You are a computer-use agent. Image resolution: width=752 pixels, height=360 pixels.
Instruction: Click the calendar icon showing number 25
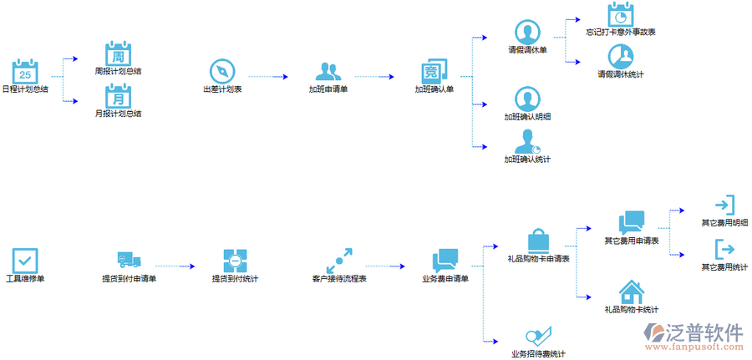pyautogui.click(x=25, y=70)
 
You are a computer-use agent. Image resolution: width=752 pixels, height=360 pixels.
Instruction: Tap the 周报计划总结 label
pyautogui.click(x=118, y=71)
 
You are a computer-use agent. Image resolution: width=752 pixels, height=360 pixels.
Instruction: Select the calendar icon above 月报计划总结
pyautogui.click(x=118, y=95)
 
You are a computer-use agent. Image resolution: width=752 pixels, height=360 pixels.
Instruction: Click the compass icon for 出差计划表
pyautogui.click(x=221, y=70)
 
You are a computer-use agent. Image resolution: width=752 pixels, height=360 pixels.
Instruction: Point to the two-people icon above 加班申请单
pyautogui.click(x=328, y=70)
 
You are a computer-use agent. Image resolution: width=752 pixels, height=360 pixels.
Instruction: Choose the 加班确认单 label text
pyautogui.click(x=434, y=89)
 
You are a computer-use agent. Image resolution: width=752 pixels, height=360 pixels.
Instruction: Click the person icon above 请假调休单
pyautogui.click(x=527, y=33)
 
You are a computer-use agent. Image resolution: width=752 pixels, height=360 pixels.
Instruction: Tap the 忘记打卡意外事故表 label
pyautogui.click(x=620, y=32)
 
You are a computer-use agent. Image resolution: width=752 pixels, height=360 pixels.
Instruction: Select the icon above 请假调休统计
pyautogui.click(x=620, y=56)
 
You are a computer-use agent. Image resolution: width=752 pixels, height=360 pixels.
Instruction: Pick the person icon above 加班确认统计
pyautogui.click(x=526, y=140)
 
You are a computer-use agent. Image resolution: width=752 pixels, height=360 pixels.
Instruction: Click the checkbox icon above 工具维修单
pyautogui.click(x=25, y=260)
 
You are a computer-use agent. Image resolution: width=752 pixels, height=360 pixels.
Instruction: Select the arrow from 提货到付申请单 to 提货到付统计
pyautogui.click(x=175, y=266)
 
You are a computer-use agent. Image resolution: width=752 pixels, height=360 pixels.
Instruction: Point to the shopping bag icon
pyautogui.click(x=538, y=241)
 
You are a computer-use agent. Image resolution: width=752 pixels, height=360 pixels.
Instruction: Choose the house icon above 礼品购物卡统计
pyautogui.click(x=631, y=292)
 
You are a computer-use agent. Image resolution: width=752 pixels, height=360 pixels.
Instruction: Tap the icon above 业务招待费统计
pyautogui.click(x=538, y=337)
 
